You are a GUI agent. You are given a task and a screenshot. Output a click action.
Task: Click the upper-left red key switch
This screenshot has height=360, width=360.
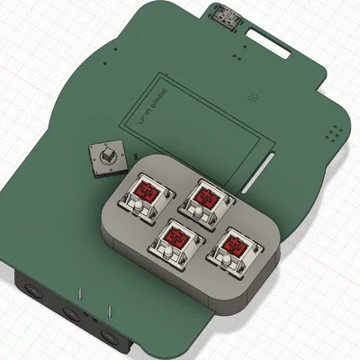point(146,192)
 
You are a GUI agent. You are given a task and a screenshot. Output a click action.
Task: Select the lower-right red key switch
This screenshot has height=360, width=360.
point(232,244)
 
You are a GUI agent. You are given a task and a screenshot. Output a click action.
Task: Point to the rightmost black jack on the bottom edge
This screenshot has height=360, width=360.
point(112,337)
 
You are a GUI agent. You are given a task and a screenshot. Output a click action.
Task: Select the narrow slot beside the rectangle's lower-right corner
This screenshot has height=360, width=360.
point(264,164)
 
